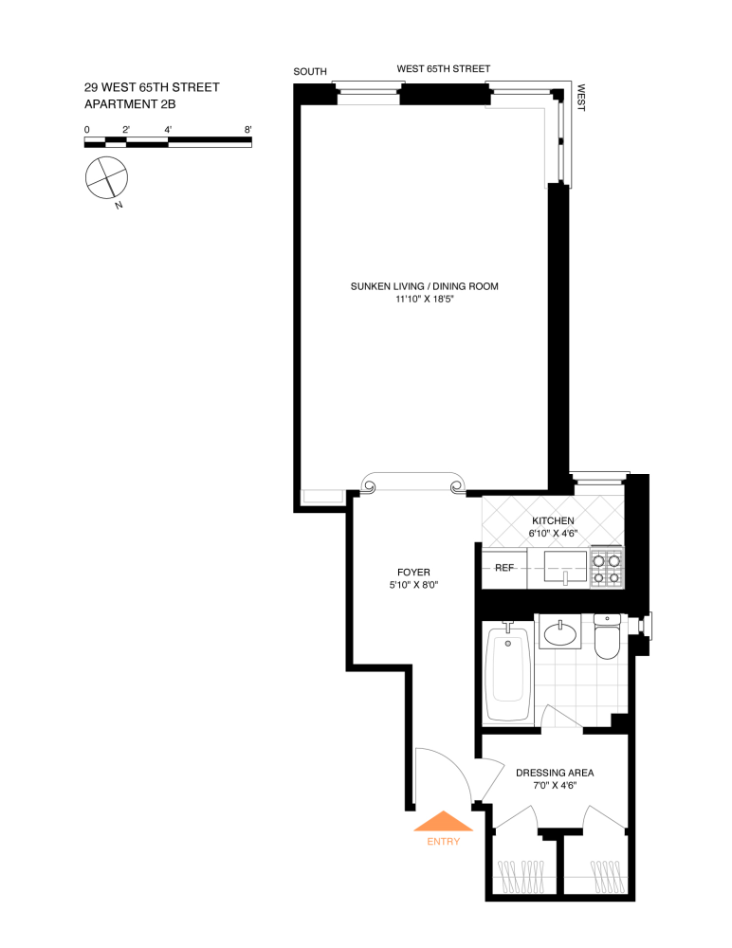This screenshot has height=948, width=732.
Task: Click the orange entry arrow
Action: pos(443,822)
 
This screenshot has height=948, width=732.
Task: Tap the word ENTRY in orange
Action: pos(443,842)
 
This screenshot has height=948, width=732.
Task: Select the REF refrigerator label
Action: pos(504,568)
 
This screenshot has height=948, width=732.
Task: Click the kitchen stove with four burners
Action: pos(606,567)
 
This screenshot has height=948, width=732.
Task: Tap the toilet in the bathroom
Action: pos(607,637)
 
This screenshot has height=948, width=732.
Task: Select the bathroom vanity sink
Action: pos(563,631)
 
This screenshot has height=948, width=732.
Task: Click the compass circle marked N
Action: pos(105,178)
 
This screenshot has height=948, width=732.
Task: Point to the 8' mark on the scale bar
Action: pos(247,129)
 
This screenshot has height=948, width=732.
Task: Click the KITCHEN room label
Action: pos(553,521)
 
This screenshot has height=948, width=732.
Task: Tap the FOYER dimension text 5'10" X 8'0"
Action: pos(413,585)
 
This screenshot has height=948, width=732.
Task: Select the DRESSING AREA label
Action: pos(554,773)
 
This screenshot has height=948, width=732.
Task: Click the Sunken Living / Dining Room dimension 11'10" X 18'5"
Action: pos(424,300)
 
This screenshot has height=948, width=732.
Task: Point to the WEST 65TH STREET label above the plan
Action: pos(443,69)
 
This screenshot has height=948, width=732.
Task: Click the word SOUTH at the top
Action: pos(310,72)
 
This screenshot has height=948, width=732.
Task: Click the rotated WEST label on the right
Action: pos(580,99)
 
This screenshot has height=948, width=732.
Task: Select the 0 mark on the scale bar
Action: pos(87,129)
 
